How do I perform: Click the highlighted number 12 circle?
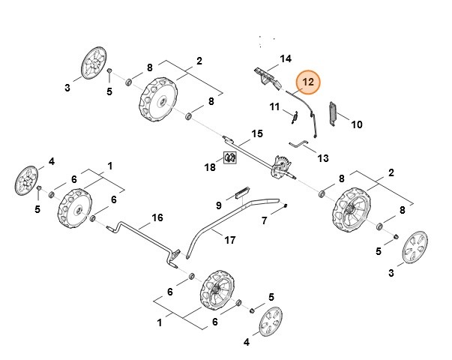click(x=309, y=82)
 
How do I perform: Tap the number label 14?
click(x=285, y=58)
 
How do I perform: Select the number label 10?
click(x=356, y=124)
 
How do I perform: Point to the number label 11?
click(x=275, y=107)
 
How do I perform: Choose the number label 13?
click(x=322, y=158)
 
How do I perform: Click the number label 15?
click(x=256, y=133)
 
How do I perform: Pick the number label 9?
click(x=219, y=205)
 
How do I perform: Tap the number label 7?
click(x=264, y=220)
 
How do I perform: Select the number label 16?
click(x=157, y=217)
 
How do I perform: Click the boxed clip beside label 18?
click(x=232, y=157)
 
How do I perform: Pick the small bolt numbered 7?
click(x=286, y=202)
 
